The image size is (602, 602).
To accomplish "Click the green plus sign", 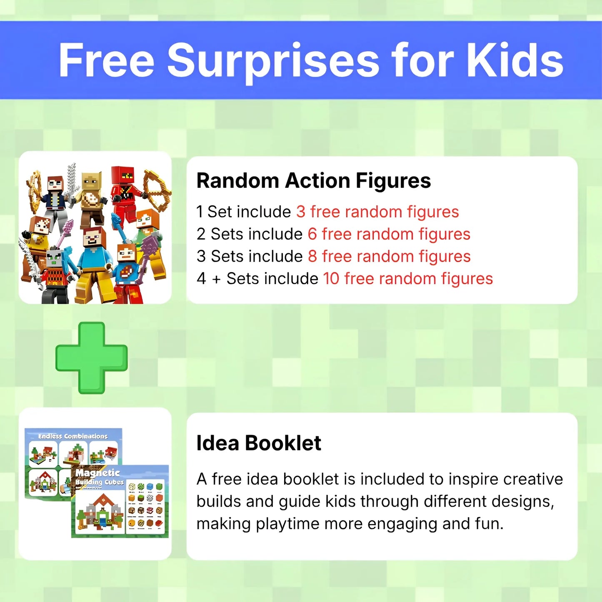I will (x=92, y=358).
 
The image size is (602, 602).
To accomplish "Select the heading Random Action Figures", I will (x=314, y=181).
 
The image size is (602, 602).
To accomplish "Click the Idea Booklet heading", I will (x=259, y=443).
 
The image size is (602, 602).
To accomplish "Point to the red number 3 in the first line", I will (x=301, y=212).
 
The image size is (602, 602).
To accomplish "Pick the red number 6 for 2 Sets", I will (x=312, y=234).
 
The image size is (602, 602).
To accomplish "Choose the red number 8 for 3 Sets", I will (x=312, y=257).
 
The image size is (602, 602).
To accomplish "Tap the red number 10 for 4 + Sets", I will (x=331, y=279).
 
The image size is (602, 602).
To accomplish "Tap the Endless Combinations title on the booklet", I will (x=73, y=436).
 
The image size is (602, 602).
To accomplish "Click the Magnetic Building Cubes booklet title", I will (x=99, y=477).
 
